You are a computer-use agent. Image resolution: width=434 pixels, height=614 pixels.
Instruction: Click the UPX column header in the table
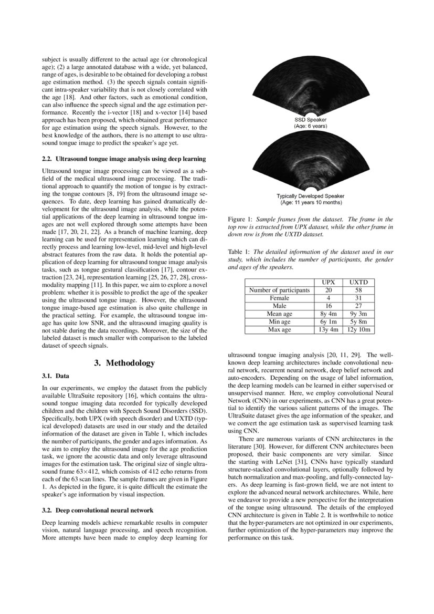tap(329, 282)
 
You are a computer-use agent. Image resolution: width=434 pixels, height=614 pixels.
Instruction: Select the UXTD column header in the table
tap(358, 282)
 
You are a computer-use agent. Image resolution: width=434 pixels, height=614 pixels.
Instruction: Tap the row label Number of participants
tap(279, 290)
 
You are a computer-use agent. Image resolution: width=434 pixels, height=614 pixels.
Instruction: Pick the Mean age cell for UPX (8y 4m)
tap(329, 314)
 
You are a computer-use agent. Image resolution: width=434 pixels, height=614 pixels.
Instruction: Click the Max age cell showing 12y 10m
tap(358, 329)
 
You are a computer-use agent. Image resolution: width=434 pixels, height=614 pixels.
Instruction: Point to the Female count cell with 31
tap(358, 298)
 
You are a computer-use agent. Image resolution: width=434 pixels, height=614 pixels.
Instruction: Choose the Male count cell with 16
tap(329, 306)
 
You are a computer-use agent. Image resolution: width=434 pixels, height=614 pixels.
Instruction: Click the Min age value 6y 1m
tap(329, 321)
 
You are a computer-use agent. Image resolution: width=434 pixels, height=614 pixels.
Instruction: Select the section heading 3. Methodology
tap(124, 363)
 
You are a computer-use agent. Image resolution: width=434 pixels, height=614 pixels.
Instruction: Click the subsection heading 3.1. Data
tap(55, 376)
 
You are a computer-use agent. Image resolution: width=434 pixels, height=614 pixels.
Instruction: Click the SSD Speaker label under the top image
tap(310, 120)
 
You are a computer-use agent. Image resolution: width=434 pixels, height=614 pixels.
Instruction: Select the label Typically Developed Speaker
tap(310, 196)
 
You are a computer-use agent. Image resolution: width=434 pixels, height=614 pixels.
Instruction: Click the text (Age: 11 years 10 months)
tap(310, 202)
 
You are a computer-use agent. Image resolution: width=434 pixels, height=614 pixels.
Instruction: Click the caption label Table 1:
tap(239, 252)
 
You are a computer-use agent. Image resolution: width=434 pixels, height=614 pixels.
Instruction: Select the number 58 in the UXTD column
tap(358, 290)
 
